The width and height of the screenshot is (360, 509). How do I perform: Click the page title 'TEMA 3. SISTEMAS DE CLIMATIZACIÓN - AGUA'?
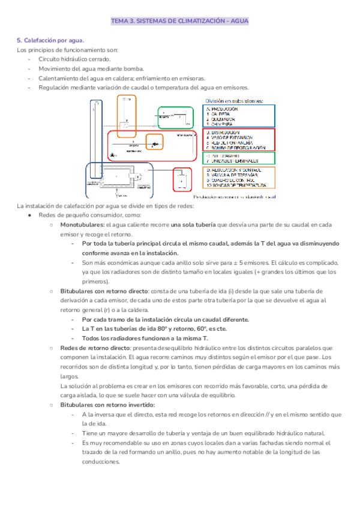coord(179,21)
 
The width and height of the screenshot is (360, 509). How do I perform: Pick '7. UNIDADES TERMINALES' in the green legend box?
coord(232,161)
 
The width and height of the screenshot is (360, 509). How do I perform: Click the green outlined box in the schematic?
coord(175,117)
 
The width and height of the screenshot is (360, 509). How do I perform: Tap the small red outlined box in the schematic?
coord(181,179)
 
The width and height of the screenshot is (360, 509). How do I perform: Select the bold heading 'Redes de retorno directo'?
coord(95,348)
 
